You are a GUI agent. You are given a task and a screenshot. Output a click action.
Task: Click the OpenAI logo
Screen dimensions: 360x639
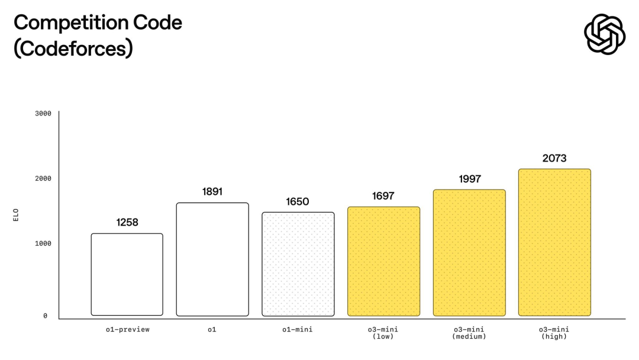click(x=604, y=34)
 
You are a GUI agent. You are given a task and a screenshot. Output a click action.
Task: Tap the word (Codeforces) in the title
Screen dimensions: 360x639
click(x=73, y=49)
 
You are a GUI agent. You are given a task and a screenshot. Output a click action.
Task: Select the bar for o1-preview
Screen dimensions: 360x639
click(x=127, y=275)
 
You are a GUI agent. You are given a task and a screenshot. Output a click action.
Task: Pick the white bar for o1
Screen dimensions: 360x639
click(x=212, y=259)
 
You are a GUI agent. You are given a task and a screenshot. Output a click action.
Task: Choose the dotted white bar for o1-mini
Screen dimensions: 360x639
click(x=298, y=264)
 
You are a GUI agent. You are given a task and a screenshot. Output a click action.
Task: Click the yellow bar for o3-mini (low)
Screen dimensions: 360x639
click(x=383, y=261)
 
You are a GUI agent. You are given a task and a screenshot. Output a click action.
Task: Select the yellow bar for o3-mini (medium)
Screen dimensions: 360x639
click(x=469, y=253)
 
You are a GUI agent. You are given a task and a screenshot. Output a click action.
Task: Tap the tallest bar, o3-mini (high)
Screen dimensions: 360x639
click(x=554, y=242)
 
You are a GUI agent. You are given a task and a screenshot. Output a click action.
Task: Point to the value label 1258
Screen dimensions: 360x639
click(x=127, y=223)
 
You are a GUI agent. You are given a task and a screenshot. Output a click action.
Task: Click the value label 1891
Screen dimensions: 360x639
click(x=212, y=192)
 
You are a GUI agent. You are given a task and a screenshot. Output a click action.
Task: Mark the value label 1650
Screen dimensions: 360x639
click(x=298, y=202)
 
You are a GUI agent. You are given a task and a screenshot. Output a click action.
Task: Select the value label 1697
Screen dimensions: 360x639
click(x=383, y=196)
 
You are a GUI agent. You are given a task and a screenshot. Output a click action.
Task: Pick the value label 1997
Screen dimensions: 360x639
click(x=469, y=179)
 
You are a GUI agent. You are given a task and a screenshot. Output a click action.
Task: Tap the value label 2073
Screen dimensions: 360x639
click(x=554, y=158)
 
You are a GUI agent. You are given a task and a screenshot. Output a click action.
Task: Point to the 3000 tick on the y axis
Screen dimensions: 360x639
click(x=43, y=113)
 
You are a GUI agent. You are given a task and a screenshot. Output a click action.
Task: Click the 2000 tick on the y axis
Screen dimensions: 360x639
click(x=43, y=178)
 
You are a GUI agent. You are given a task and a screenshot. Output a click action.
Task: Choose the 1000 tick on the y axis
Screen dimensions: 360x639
click(x=43, y=243)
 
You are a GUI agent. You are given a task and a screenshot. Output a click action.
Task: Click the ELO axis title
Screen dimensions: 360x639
click(x=16, y=214)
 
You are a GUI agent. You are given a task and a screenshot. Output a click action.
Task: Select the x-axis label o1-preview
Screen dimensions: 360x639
click(x=127, y=329)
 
